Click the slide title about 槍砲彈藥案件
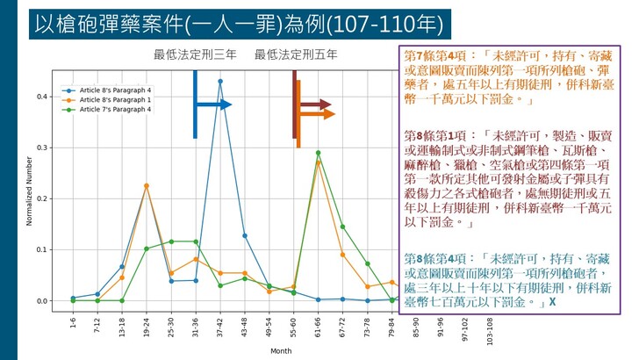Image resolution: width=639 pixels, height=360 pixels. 239,22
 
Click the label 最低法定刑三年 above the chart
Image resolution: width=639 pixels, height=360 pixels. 195,55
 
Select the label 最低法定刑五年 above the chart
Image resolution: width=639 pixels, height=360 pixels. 296,55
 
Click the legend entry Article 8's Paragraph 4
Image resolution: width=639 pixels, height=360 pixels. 115,90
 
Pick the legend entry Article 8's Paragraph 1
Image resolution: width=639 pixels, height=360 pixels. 115,100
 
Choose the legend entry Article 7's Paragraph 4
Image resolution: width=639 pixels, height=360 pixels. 115,110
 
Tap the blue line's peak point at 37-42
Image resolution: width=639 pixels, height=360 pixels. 219,82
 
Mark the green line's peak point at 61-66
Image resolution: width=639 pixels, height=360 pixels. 318,153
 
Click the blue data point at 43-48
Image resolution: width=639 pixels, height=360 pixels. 244,235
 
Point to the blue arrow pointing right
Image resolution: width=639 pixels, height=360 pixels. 214,104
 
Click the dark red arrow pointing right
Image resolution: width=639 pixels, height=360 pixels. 313,104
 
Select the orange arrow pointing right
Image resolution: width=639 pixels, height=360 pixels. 318,114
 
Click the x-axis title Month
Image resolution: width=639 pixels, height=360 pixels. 281,350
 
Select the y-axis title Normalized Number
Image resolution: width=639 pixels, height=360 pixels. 29,191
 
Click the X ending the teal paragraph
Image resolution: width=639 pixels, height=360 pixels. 552,302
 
